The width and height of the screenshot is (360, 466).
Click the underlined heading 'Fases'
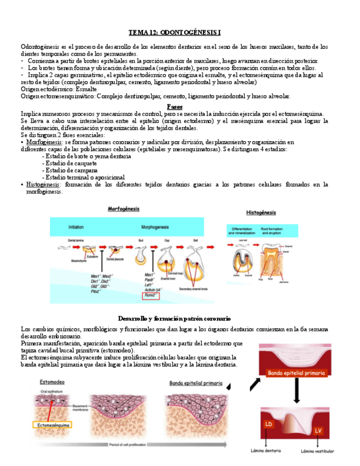pyautogui.click(x=174, y=107)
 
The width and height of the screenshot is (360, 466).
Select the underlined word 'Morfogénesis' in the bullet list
pyautogui.click(x=43, y=142)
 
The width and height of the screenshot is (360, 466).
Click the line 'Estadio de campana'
pyautogui.click(x=70, y=170)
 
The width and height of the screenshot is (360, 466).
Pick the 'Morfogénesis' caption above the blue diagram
pyautogui.click(x=124, y=209)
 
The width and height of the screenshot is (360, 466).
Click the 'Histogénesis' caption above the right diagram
pyautogui.click(x=261, y=212)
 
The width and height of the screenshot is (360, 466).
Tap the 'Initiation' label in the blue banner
pyautogui.click(x=76, y=226)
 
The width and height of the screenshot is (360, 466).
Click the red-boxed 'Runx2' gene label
pyautogui.click(x=150, y=296)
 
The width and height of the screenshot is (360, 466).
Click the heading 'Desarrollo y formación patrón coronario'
pyautogui.click(x=174, y=319)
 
